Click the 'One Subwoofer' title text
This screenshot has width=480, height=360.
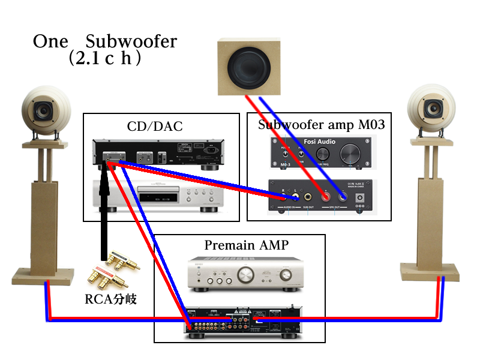(105, 42)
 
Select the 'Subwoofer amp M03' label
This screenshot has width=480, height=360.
(321, 125)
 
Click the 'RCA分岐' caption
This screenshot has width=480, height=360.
(110, 299)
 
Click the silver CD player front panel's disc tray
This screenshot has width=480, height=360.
(155, 192)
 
